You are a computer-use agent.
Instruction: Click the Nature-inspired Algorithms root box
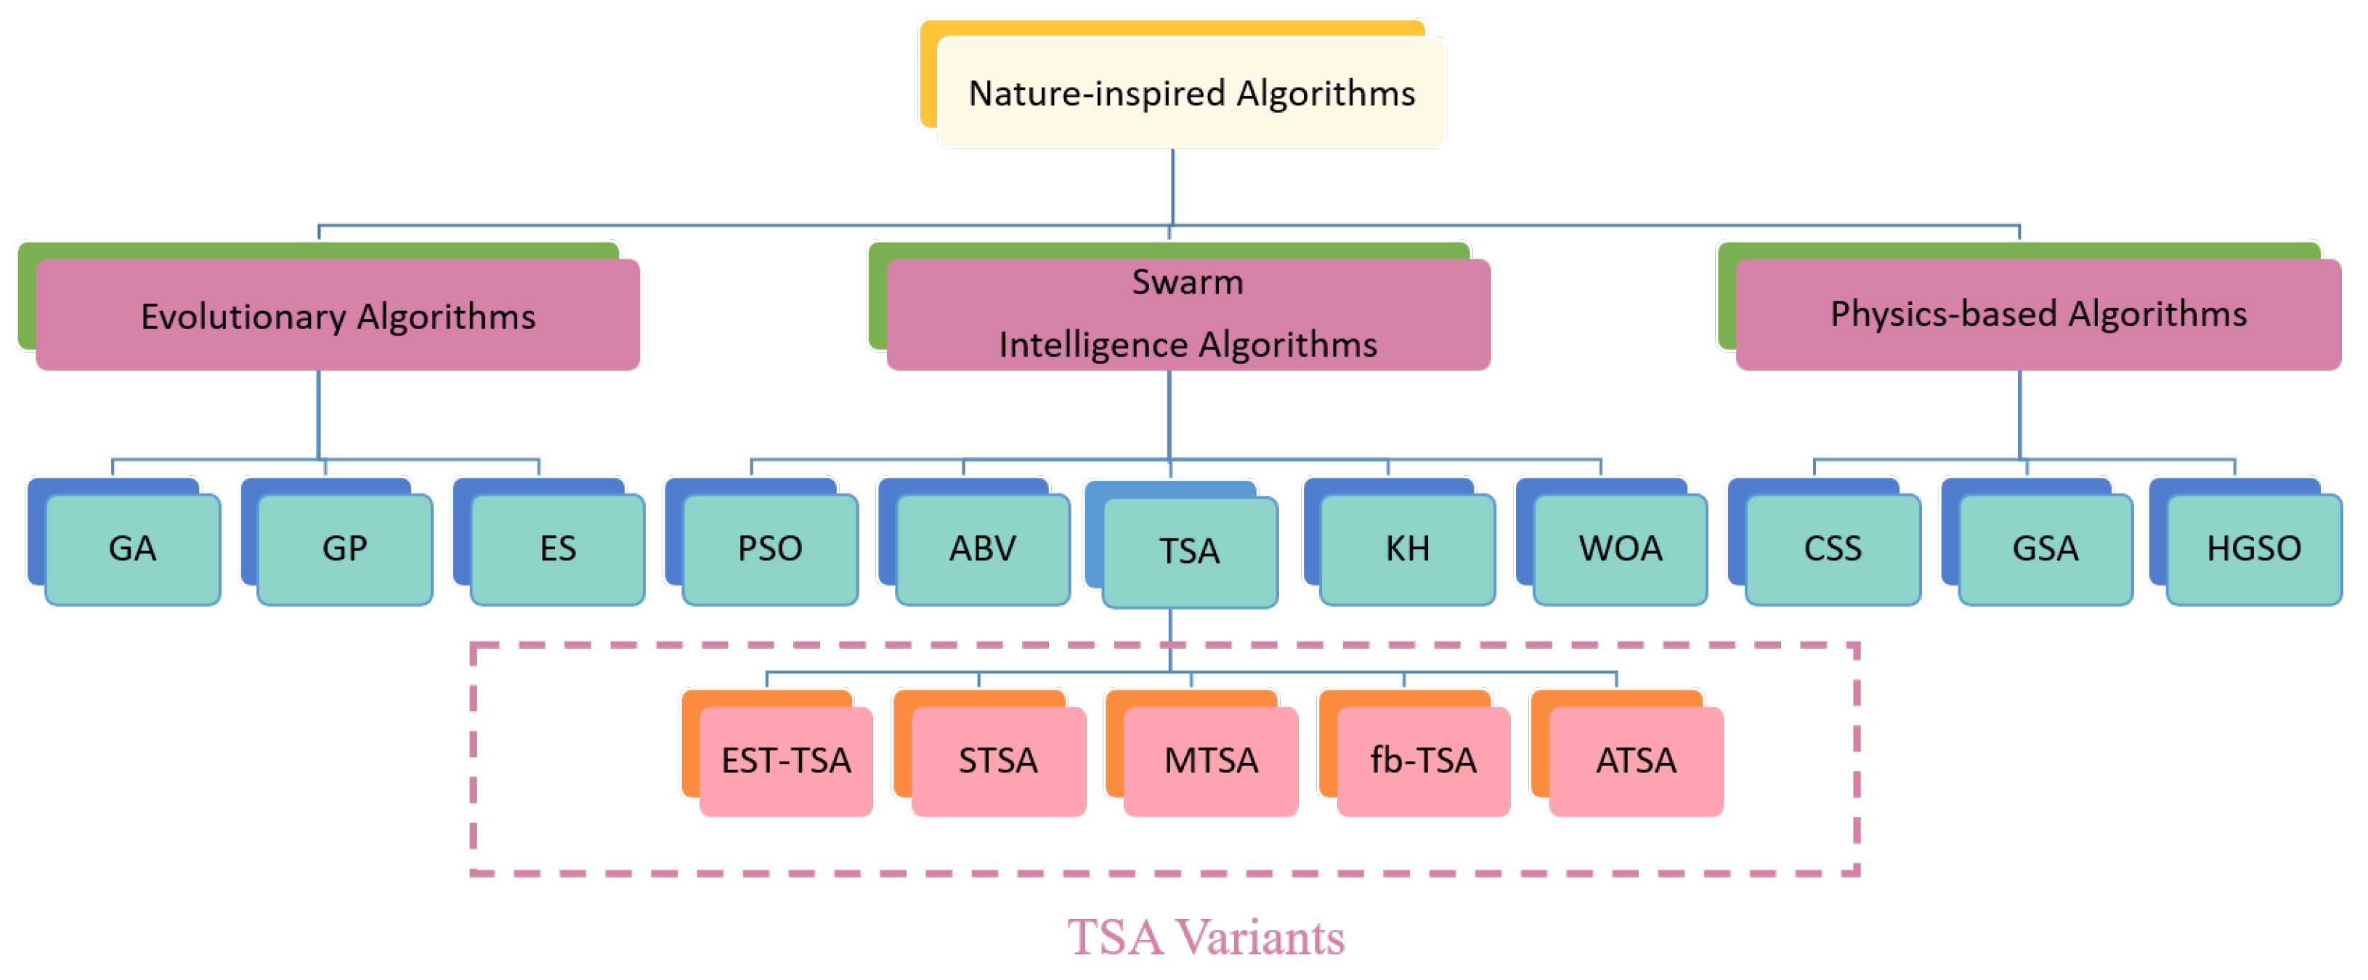click(1191, 93)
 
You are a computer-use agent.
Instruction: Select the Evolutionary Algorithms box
click(337, 315)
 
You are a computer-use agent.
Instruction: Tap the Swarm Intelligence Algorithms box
click(1188, 315)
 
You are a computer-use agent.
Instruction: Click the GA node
click(132, 548)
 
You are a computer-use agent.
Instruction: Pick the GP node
click(345, 548)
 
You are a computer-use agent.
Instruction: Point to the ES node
click(557, 548)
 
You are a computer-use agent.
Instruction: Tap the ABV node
click(982, 548)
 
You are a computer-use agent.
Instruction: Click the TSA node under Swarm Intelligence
click(1190, 551)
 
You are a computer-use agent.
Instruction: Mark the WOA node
click(1620, 548)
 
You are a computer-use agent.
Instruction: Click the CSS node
click(1832, 548)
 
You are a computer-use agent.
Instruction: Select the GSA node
click(2045, 548)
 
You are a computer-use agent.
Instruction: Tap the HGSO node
click(2253, 548)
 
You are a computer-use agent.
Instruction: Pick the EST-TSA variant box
click(786, 761)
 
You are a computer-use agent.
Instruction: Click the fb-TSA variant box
click(1423, 761)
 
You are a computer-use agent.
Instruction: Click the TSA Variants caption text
click(1205, 937)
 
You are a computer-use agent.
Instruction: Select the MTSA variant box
click(1211, 761)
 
